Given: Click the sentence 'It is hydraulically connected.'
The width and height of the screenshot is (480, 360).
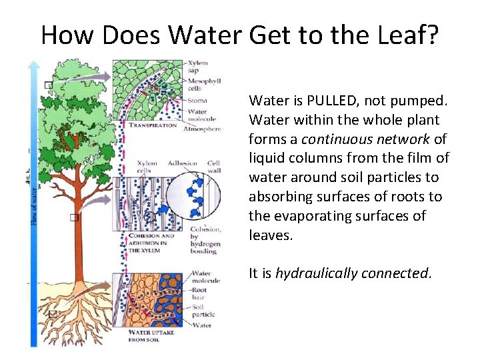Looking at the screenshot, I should (x=341, y=273).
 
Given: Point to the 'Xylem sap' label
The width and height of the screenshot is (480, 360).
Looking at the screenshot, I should (x=199, y=67).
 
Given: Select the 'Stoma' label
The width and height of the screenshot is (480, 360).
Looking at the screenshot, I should (x=197, y=101).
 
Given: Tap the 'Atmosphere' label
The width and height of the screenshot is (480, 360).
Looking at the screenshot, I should (x=202, y=129).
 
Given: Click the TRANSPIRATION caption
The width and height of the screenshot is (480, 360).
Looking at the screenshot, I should (x=153, y=125).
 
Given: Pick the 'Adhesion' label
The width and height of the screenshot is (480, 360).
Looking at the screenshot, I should (x=183, y=163).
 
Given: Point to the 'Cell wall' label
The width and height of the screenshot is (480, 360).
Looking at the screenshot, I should (x=214, y=166).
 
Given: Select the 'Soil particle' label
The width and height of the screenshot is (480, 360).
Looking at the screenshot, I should (x=203, y=310).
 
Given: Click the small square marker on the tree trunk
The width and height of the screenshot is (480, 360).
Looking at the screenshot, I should (x=75, y=218).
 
